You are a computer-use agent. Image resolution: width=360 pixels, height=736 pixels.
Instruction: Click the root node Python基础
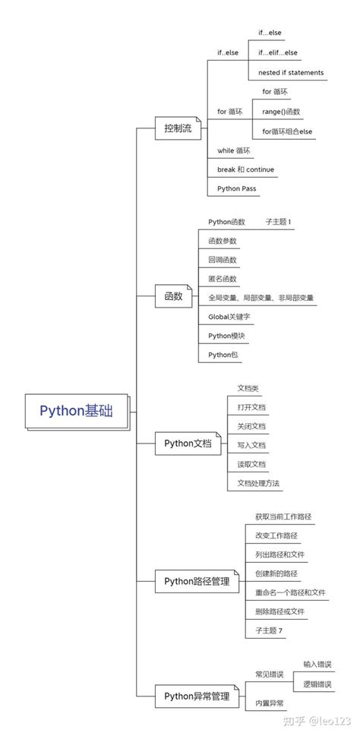(x=76, y=411)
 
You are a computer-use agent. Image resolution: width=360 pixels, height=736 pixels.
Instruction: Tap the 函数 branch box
(x=172, y=296)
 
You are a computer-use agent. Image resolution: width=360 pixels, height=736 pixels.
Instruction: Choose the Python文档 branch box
(x=188, y=444)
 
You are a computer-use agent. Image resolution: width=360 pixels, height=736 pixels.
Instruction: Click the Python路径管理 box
(x=197, y=582)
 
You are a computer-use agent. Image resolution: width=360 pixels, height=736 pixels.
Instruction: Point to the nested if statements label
(x=291, y=73)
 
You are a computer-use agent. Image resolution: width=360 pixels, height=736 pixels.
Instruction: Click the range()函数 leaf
(x=281, y=112)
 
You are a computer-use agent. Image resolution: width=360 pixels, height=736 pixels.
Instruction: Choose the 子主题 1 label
(x=278, y=222)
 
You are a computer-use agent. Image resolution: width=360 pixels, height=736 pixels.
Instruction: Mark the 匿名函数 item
(x=223, y=279)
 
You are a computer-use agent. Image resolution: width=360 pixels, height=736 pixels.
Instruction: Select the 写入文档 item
(x=251, y=445)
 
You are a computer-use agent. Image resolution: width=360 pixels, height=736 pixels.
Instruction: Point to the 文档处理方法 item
(x=258, y=482)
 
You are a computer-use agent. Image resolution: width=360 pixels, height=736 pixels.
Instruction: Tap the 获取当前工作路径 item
(x=283, y=516)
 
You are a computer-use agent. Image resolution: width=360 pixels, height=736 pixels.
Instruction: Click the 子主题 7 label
(x=270, y=630)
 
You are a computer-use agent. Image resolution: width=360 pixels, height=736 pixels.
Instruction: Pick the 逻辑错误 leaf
(x=317, y=684)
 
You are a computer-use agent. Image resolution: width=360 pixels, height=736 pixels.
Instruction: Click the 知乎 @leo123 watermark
(x=317, y=719)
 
